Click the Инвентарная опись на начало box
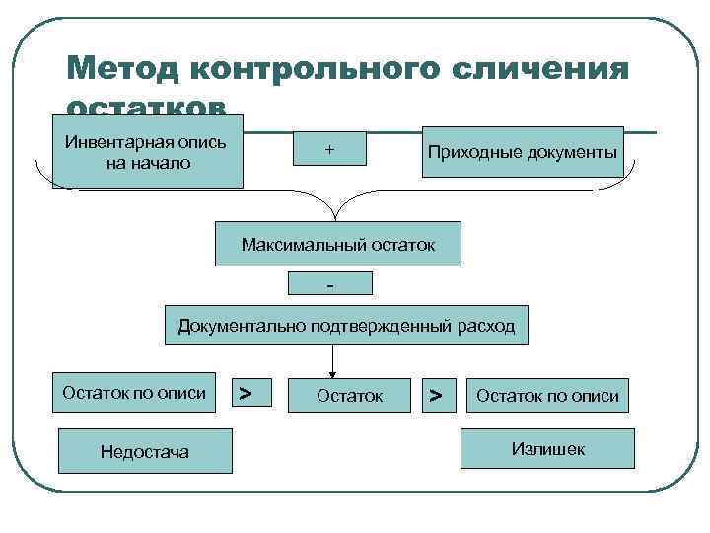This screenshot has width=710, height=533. [148, 154]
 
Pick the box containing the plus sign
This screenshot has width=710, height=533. [328, 149]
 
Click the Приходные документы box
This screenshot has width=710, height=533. [523, 152]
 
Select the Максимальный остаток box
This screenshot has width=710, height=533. [337, 244]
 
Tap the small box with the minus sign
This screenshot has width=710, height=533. [330, 284]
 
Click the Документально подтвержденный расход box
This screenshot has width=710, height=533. [346, 326]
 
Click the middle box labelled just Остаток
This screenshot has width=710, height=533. [349, 395]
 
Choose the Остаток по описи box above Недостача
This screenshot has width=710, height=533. [134, 393]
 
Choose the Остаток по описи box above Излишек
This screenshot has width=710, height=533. [547, 395]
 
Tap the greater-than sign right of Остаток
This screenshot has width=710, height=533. [434, 394]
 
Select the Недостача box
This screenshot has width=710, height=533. [145, 451]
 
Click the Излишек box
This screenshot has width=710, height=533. [548, 449]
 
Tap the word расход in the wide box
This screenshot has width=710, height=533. [485, 326]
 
